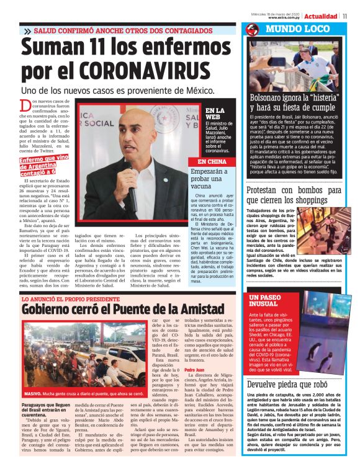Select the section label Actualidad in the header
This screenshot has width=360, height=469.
(320, 16)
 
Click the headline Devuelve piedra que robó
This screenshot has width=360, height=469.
(288, 384)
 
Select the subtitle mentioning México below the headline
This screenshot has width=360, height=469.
(118, 91)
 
